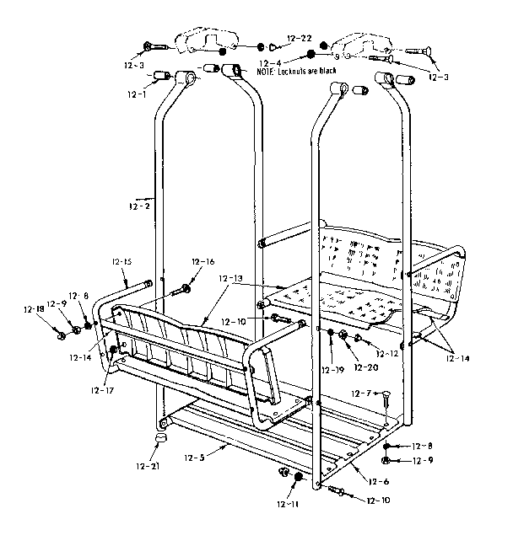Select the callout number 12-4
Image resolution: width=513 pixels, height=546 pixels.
coord(270,62)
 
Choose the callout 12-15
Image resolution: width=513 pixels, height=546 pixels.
coord(121,261)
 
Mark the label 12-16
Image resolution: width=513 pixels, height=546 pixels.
coord(202,261)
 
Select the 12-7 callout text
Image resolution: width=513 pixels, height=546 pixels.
coord(361,393)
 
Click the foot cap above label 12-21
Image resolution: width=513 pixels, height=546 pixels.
coord(160,438)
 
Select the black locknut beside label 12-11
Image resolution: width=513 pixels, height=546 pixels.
coord(298,478)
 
